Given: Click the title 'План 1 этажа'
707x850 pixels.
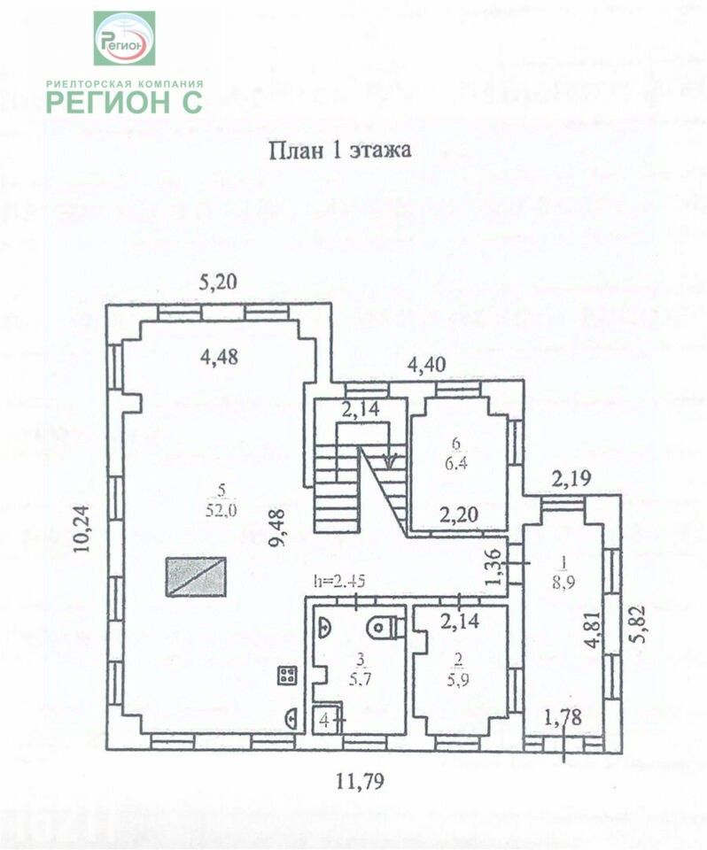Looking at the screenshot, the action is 340,150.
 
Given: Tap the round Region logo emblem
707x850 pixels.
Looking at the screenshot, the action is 124,38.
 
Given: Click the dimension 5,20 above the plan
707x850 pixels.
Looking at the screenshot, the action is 218,284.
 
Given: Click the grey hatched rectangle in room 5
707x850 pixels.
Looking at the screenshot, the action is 197,576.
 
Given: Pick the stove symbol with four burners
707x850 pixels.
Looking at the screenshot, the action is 287,676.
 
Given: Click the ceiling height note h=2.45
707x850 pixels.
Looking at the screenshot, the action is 337,581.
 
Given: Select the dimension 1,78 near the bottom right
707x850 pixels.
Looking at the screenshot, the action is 563,717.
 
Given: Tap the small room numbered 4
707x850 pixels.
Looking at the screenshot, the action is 325,720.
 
